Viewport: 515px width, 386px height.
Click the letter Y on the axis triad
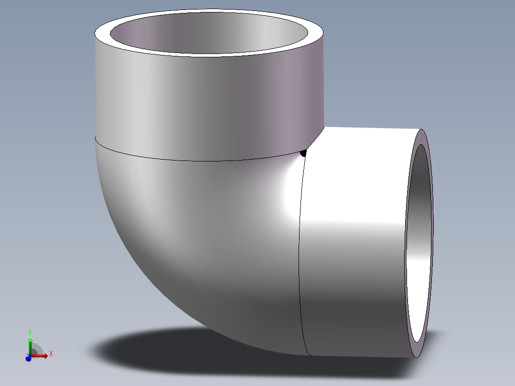(30, 332)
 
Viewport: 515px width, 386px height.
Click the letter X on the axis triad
(51, 354)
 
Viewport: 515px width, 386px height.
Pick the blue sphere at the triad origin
(28, 358)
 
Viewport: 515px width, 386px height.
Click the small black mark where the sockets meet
(303, 153)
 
